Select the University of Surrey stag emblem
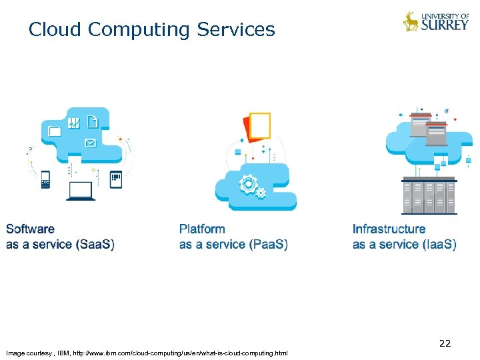click(411, 21)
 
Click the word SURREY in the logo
click(446, 25)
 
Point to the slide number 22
click(445, 343)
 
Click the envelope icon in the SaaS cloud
click(90, 143)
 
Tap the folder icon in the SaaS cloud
click(55, 131)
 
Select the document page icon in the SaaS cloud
click(93, 122)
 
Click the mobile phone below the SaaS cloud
click(46, 179)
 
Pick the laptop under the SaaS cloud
click(81, 191)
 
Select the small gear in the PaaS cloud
click(261, 193)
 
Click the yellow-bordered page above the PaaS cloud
click(259, 125)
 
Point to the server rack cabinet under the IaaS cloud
click(429, 195)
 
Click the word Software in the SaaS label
click(30, 229)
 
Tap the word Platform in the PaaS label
click(202, 229)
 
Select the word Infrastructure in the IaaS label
click(389, 229)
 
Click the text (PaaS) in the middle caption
click(268, 245)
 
